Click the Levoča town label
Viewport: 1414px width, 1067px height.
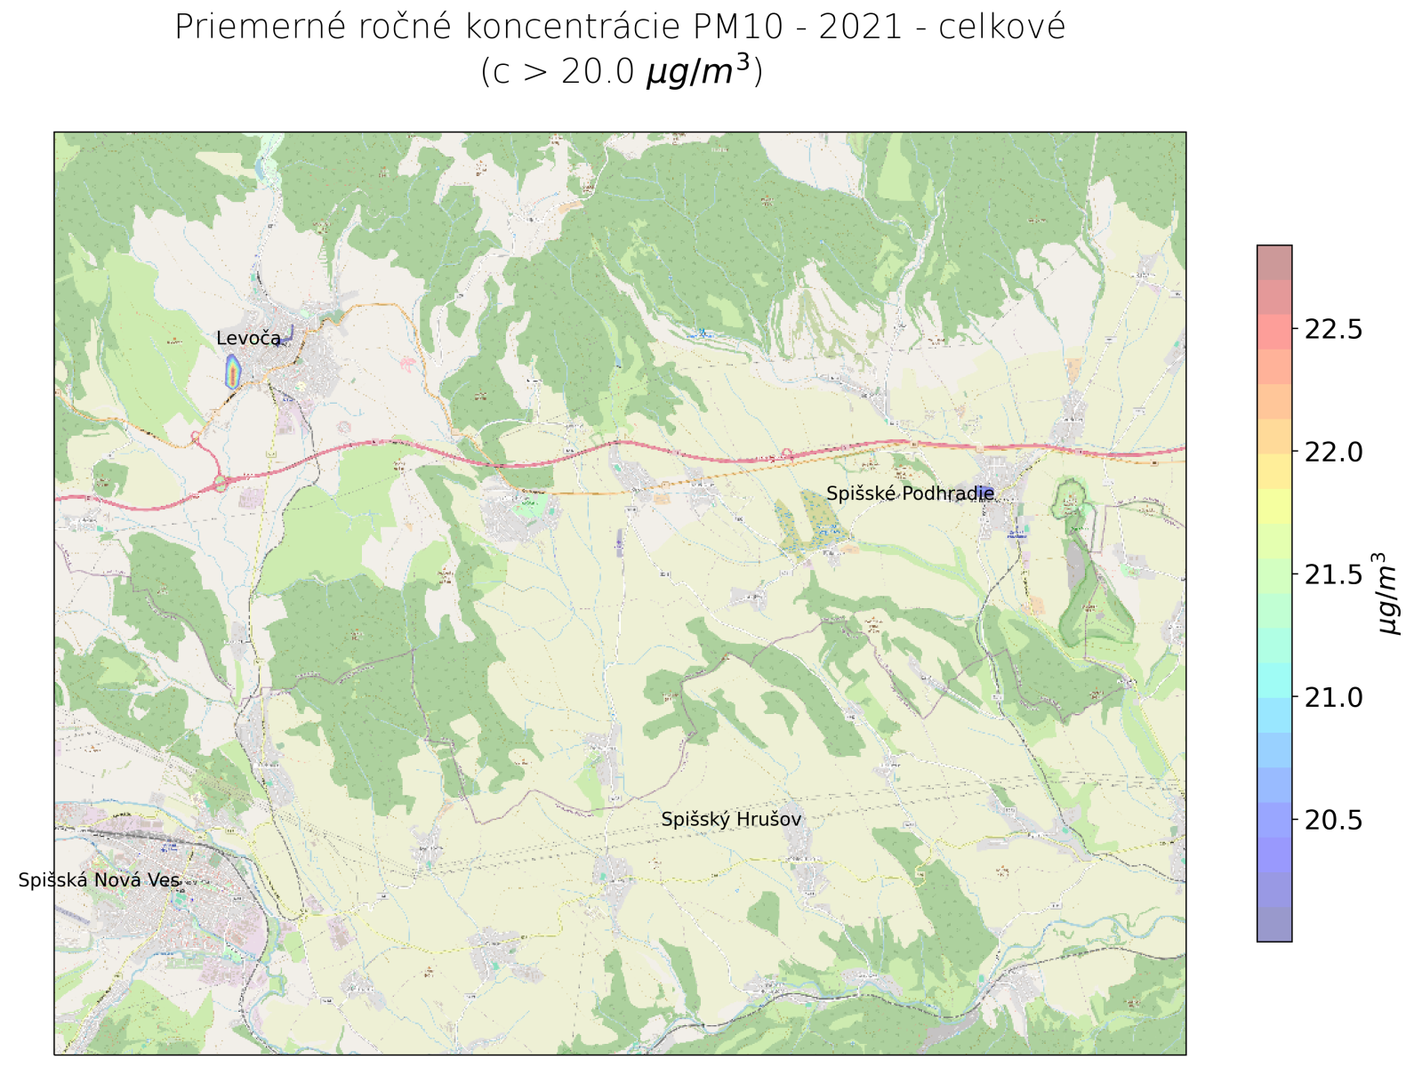[x=248, y=339]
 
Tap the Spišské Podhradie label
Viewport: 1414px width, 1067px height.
[x=910, y=493]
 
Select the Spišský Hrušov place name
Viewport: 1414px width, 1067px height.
[x=731, y=820]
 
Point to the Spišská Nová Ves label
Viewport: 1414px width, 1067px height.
[x=99, y=880]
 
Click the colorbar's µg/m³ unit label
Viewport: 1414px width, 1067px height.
[x=1388, y=594]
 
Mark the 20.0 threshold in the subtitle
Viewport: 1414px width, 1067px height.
[x=597, y=72]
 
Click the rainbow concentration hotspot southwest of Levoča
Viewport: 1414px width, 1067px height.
[x=233, y=372]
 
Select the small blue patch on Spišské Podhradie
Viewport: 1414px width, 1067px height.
[x=985, y=494]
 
